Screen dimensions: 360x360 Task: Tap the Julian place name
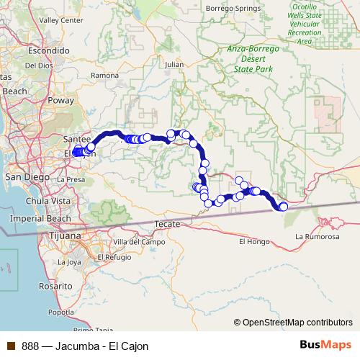174,64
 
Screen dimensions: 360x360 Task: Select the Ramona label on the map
105,75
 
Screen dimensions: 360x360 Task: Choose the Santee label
77,138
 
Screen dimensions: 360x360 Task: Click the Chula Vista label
47,200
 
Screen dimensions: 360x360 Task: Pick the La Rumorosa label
318,236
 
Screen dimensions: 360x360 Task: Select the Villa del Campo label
134,242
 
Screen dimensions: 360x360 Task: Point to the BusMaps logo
323,346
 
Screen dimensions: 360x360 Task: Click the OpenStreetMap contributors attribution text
297,323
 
